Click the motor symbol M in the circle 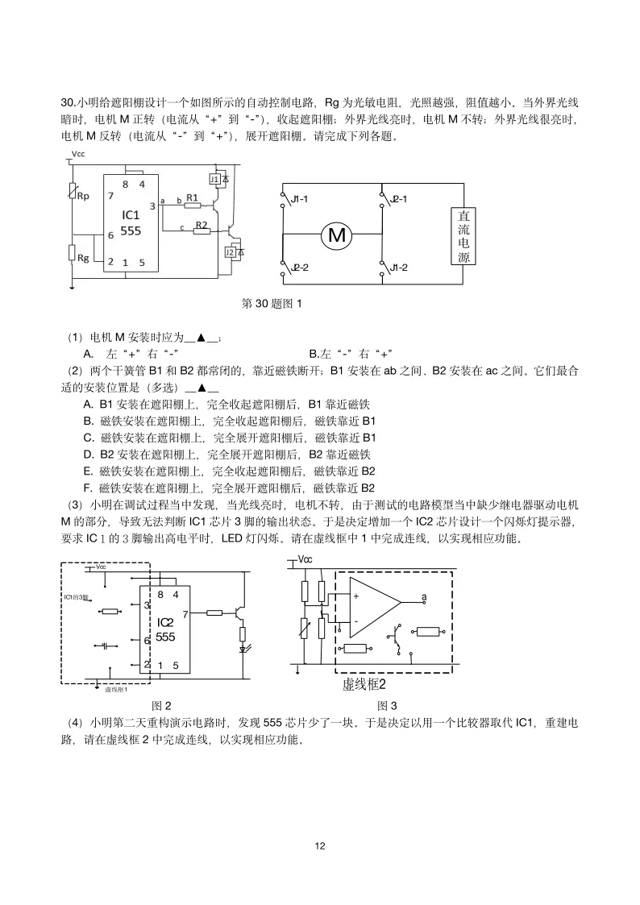click(336, 235)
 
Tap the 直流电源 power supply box click(463, 237)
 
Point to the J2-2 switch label click(297, 267)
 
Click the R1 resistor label click(192, 197)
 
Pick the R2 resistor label click(201, 225)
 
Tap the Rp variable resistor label click(82, 196)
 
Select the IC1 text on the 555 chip click(131, 216)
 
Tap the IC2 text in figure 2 click(165, 622)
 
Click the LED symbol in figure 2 click(243, 648)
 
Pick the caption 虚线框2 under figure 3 click(364, 684)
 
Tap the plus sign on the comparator click(355, 596)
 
